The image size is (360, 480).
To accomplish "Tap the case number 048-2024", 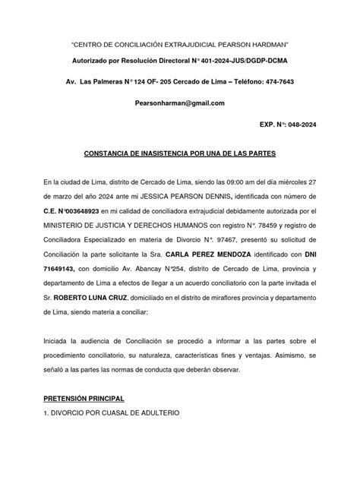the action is click(298, 125).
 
